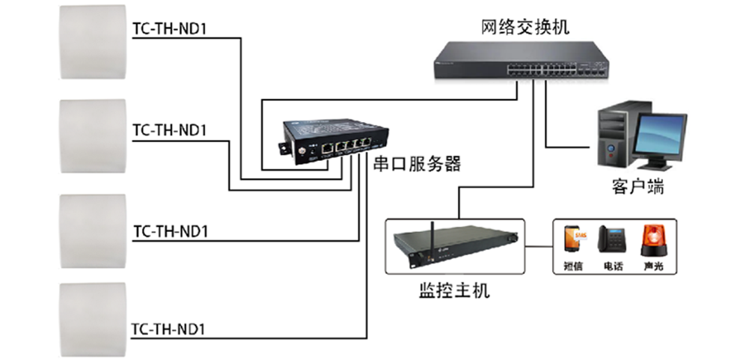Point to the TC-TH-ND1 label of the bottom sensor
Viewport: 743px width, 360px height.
coord(168,329)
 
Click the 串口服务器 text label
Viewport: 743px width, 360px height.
coord(417,164)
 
